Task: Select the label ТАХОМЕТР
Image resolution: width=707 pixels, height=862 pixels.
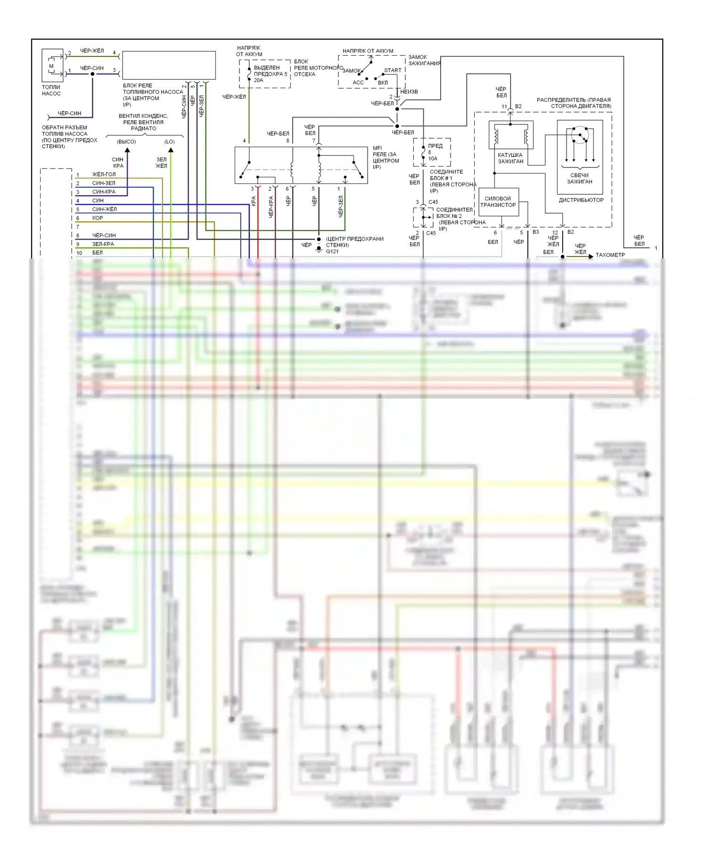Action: tap(610, 255)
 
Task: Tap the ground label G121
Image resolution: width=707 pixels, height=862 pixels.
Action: tap(332, 251)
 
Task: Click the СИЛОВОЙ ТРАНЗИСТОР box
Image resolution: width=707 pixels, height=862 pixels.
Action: tap(498, 202)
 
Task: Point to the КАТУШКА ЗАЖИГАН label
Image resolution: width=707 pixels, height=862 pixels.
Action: tap(510, 158)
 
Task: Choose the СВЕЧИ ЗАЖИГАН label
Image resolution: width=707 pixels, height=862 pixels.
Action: tap(579, 178)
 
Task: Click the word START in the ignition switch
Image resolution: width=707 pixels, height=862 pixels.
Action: tap(393, 70)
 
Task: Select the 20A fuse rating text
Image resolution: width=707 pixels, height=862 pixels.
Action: tap(259, 80)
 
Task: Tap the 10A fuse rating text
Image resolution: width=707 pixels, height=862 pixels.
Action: tap(433, 159)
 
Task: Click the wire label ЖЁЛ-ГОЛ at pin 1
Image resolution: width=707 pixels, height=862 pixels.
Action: tap(104, 174)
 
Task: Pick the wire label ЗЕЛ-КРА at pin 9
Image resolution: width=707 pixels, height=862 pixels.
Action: tap(103, 244)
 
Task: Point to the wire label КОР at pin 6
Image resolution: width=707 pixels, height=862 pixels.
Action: tap(98, 218)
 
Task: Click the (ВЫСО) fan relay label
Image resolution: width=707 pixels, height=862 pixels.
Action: tap(126, 141)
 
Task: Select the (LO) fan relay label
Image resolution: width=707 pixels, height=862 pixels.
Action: tap(170, 141)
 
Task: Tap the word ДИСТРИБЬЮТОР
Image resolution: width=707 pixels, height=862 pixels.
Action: tap(581, 200)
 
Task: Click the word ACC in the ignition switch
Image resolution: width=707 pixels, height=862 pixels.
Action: tap(358, 83)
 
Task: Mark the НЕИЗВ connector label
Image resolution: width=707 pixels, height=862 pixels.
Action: tap(409, 91)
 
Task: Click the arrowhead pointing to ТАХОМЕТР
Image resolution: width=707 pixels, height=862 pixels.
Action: tap(591, 256)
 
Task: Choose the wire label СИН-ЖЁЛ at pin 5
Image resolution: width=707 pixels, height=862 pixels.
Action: tap(105, 209)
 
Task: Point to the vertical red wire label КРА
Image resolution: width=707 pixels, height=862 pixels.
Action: tap(254, 201)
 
